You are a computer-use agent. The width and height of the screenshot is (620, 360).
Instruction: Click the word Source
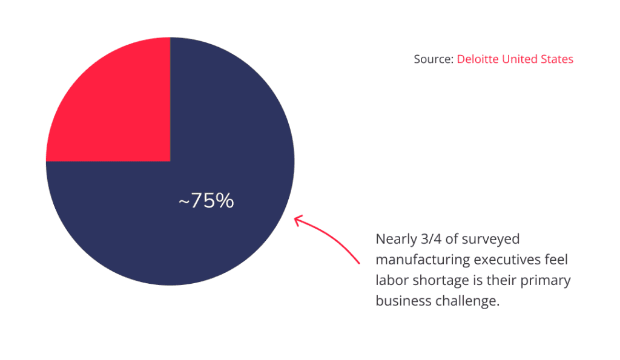pos(432,59)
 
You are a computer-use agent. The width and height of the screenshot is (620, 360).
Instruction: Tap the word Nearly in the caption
pos(395,239)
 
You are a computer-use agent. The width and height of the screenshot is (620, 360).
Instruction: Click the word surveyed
pos(491,239)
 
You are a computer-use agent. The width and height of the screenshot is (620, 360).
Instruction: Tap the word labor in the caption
pos(390,281)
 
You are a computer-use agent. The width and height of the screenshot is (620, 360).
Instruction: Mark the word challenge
pos(467,301)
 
